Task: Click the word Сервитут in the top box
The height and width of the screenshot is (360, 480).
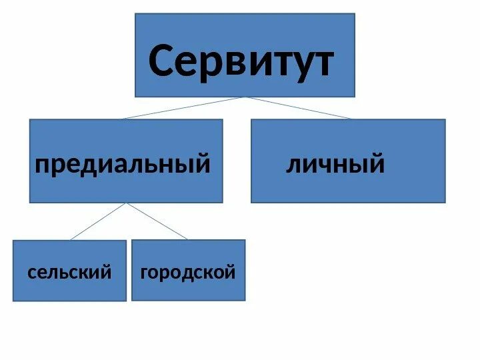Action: pyautogui.click(x=241, y=62)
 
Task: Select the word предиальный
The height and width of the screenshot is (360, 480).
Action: pyautogui.click(x=123, y=163)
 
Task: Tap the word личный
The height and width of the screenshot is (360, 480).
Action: pyautogui.click(x=335, y=163)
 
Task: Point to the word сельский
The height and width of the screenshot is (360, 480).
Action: pyautogui.click(x=69, y=272)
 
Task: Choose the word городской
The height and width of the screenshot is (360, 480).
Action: pyautogui.click(x=188, y=272)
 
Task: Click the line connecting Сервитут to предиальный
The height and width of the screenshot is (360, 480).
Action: pyautogui.click(x=183, y=108)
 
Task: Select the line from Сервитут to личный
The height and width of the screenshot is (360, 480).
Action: pyautogui.click(x=300, y=108)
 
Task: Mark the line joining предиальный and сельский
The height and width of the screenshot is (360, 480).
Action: pyautogui.click(x=98, y=221)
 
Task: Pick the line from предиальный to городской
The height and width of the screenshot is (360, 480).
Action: pyautogui.click(x=157, y=221)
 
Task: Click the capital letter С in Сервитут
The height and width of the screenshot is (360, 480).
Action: pyautogui.click(x=164, y=62)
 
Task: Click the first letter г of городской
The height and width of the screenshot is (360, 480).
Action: pyautogui.click(x=144, y=273)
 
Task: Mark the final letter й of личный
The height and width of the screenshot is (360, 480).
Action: pyautogui.click(x=377, y=163)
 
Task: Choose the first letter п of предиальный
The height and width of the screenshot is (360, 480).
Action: pyautogui.click(x=41, y=165)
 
